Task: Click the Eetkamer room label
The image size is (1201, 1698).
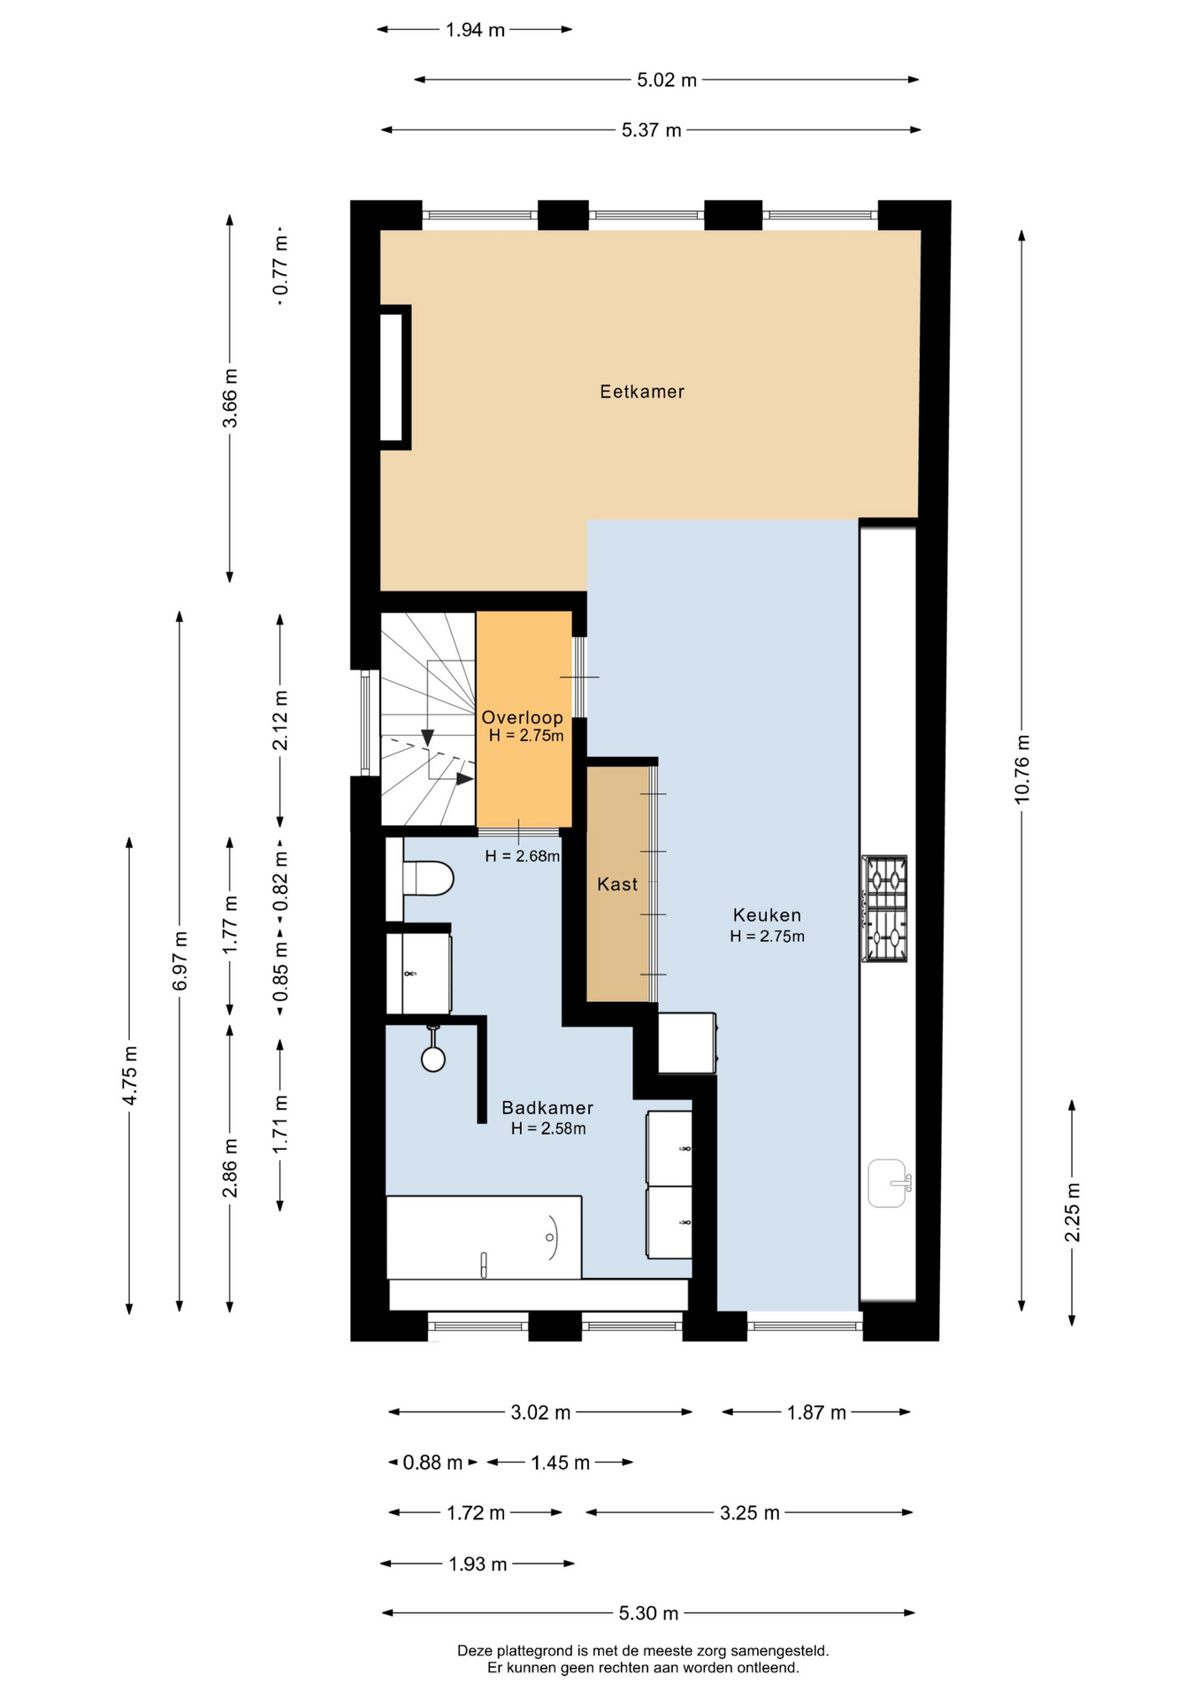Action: tap(642, 392)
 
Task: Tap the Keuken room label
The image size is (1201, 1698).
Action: tap(767, 915)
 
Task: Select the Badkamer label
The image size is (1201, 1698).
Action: tap(547, 1108)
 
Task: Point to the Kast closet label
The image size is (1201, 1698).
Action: tap(617, 884)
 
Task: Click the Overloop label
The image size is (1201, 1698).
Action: tap(522, 718)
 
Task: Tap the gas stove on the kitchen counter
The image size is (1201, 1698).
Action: tap(885, 908)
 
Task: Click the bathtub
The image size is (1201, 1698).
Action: tap(484, 1237)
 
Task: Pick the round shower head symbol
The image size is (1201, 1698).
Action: tap(433, 1059)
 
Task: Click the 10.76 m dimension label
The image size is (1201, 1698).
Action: tap(1022, 769)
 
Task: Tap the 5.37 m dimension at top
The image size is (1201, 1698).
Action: tap(652, 131)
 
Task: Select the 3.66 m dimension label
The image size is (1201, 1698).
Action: tap(230, 398)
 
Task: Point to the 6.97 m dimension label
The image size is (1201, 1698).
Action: tap(180, 961)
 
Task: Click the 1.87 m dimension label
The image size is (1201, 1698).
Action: tap(817, 1413)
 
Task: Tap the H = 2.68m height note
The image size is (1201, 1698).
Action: tap(523, 856)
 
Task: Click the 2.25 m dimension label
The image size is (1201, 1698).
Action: tap(1073, 1212)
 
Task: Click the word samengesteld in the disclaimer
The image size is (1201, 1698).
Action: tap(779, 1650)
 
